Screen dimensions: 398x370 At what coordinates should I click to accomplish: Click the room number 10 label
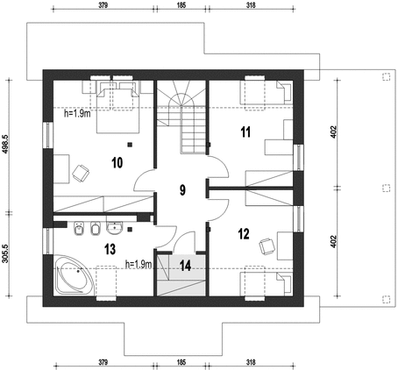(117, 162)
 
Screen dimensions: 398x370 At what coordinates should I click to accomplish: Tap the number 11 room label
(245, 132)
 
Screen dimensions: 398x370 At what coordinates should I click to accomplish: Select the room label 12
(244, 234)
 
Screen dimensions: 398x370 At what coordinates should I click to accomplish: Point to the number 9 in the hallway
(182, 190)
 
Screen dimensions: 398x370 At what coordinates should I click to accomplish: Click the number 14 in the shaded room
(186, 266)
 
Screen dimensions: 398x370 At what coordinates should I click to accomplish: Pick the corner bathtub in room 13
(74, 275)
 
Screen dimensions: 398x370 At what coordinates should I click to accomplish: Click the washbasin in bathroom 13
(114, 228)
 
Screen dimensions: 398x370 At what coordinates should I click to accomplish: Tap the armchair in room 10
(81, 173)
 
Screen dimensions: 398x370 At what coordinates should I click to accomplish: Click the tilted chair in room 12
(267, 246)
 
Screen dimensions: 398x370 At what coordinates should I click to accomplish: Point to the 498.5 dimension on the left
(5, 144)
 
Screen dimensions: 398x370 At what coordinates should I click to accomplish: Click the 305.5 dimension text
(5, 253)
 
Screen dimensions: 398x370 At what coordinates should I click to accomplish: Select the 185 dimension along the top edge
(181, 5)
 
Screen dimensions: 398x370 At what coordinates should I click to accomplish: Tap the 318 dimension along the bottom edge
(251, 362)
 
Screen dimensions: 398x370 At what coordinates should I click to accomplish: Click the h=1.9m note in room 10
(77, 113)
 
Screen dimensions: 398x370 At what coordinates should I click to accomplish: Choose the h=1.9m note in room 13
(139, 265)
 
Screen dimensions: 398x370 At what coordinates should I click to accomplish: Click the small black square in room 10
(130, 144)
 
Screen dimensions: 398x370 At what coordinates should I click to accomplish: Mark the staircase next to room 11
(181, 117)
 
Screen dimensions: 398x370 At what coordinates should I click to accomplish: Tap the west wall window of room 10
(48, 135)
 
